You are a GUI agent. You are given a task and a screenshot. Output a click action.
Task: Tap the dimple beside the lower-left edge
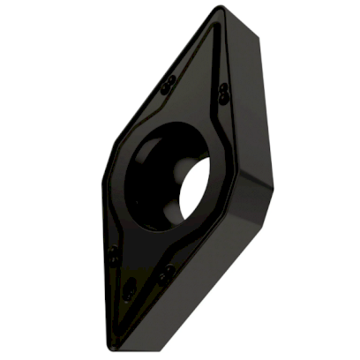click(x=113, y=257)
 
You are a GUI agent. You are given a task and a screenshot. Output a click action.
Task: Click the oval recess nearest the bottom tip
click(x=130, y=292)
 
